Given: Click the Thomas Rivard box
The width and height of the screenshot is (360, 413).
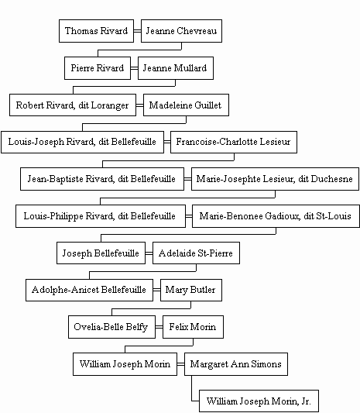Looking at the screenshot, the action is (x=96, y=31).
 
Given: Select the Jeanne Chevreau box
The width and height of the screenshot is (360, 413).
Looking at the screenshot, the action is (x=181, y=31).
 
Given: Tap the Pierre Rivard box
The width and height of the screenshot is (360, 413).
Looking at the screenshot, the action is (x=98, y=68).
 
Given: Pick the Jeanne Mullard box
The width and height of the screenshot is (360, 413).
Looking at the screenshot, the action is (x=176, y=68).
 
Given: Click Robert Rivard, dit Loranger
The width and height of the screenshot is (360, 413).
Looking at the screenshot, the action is (x=73, y=105).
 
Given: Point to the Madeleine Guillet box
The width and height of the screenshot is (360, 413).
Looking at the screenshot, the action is (x=186, y=105).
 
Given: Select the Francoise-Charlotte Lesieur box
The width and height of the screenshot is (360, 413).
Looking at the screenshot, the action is (x=234, y=142).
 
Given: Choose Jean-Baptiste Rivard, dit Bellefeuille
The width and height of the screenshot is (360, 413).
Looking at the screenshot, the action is (x=102, y=179).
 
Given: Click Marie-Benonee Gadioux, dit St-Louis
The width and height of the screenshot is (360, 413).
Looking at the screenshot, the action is (x=276, y=216).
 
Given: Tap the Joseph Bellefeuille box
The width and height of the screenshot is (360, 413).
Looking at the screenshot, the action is (x=101, y=253).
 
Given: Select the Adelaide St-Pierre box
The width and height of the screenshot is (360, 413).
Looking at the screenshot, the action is (x=196, y=253).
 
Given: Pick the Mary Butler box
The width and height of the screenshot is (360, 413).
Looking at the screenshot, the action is (x=191, y=290).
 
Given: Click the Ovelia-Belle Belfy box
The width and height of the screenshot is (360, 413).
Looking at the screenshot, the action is (x=111, y=327).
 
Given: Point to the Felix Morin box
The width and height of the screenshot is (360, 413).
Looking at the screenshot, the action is (x=193, y=327).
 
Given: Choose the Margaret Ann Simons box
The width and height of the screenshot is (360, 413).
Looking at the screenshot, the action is (x=236, y=364).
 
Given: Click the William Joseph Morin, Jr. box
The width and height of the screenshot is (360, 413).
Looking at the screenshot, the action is (x=259, y=401).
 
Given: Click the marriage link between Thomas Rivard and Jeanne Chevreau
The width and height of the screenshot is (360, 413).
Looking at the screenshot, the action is (x=137, y=31).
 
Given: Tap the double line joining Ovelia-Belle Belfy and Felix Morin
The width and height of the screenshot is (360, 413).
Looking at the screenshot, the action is (x=159, y=327).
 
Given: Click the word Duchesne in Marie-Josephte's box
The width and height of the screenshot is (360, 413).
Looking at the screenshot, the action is (x=331, y=179).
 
